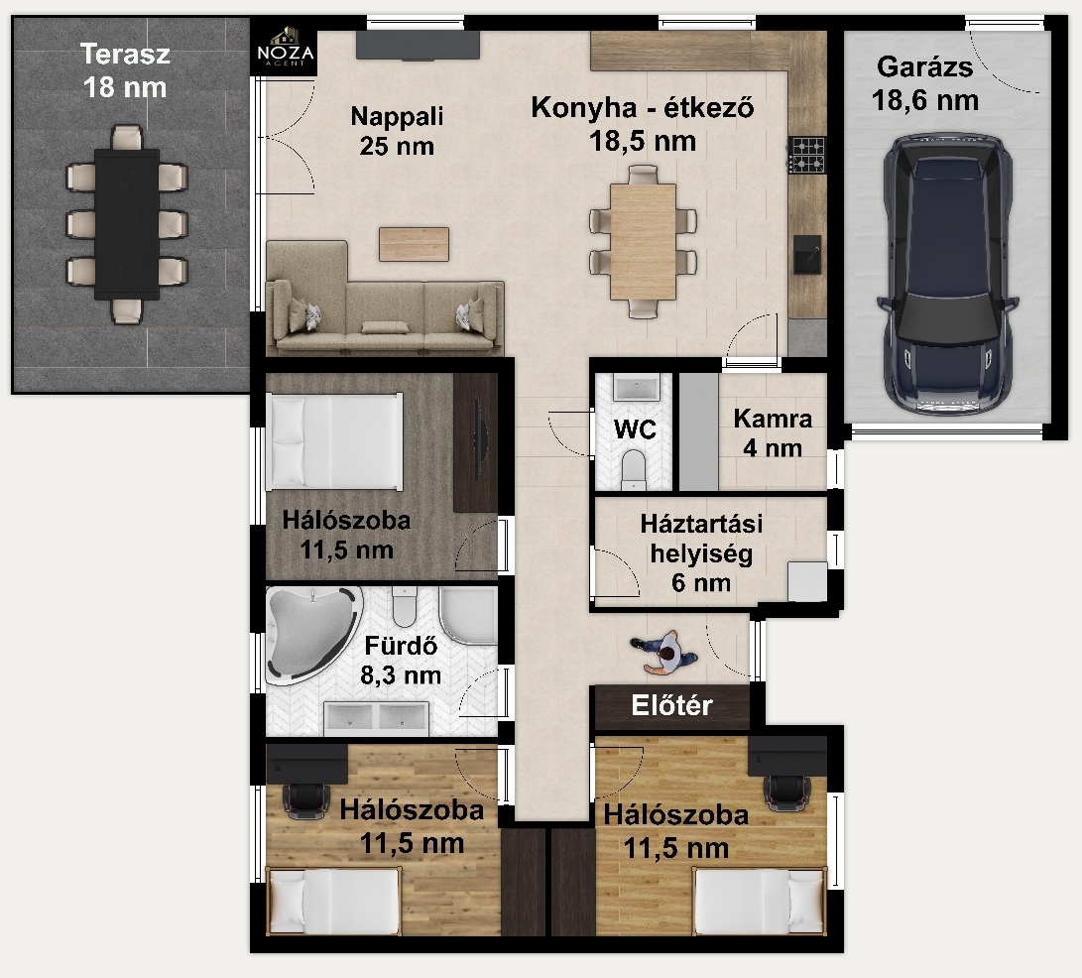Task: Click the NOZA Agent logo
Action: click(285, 47)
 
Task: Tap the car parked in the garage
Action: click(947, 275)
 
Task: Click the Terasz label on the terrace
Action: click(125, 54)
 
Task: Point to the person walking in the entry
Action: click(663, 653)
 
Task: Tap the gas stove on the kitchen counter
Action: click(806, 155)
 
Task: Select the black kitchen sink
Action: click(806, 253)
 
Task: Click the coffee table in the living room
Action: click(414, 244)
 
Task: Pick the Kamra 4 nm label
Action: click(773, 432)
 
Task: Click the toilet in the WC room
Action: click(634, 469)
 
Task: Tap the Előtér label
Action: click(671, 705)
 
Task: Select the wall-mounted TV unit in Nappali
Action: click(418, 46)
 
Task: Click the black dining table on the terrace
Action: click(127, 224)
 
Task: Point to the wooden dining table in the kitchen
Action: click(643, 242)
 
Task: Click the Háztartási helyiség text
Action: click(701, 539)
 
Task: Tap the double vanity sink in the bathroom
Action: click(376, 718)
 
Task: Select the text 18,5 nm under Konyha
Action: click(643, 142)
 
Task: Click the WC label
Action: click(634, 429)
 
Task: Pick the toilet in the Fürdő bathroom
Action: click(405, 606)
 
